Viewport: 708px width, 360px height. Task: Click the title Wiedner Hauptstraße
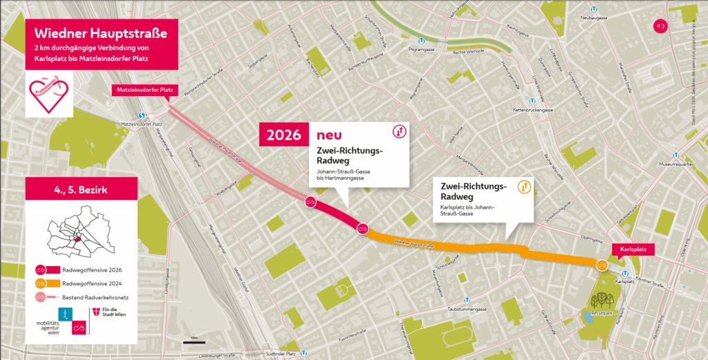[x=101, y=32]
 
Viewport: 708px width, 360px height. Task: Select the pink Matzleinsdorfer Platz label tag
[x=145, y=90]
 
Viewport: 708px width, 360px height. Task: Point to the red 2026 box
[x=283, y=135]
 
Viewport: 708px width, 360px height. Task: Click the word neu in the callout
[x=330, y=134]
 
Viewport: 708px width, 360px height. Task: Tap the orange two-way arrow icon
[x=524, y=187]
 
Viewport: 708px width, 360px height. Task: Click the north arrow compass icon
[x=660, y=26]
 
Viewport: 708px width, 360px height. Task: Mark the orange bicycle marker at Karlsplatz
[x=602, y=265]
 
